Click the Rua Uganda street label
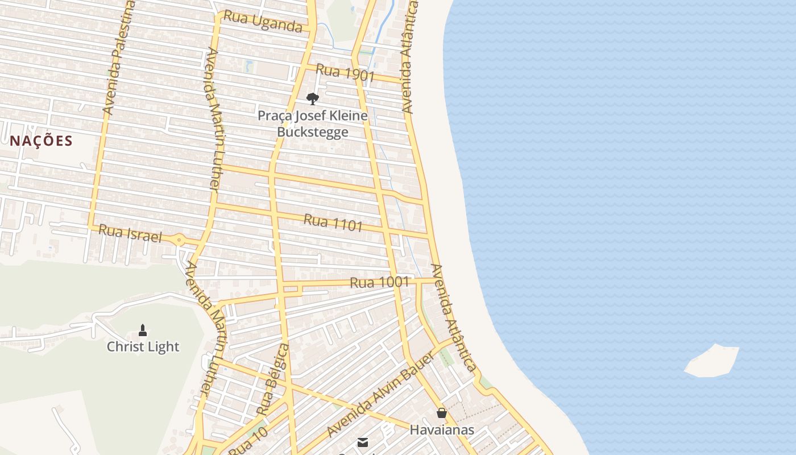coord(262,22)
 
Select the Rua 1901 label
coord(345,73)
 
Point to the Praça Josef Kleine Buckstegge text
coord(312,124)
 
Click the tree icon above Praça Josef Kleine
coord(312,99)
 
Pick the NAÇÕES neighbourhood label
coord(42,141)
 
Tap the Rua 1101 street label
coord(333,222)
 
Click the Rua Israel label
coord(130,233)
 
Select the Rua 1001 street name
coord(379,282)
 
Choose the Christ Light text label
coord(143,346)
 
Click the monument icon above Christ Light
coord(143,330)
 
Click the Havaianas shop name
coord(442,430)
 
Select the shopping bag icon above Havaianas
coord(442,413)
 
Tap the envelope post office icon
coord(363,442)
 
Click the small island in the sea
coord(712,361)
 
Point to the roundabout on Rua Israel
coord(180,241)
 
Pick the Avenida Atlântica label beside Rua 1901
coord(409,57)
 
